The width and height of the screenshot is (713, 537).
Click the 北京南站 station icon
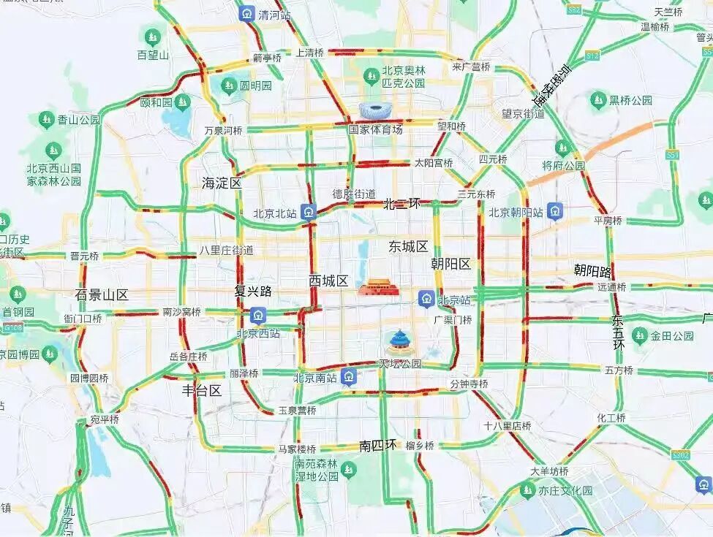pos(350,378)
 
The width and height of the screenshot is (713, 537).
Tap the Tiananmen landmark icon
pos(378,288)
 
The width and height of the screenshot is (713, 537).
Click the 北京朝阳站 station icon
pos(557,213)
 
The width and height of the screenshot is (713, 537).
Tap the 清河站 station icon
pos(246,13)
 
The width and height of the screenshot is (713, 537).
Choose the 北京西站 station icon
pos(257,316)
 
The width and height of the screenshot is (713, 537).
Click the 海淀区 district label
pos(222,183)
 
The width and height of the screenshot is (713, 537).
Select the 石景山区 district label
pos(102,295)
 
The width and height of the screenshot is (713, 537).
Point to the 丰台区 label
pos(202,391)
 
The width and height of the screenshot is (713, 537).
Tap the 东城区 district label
pos(408,247)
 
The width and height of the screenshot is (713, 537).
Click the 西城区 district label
pos(328,281)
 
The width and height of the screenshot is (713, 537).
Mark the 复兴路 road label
pos(253,292)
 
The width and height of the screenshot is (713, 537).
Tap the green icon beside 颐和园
pos(182,102)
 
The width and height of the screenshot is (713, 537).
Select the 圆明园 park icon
pos(229,85)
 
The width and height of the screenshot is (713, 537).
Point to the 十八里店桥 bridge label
pos(507,425)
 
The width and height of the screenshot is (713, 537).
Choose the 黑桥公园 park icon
pos(599,99)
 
